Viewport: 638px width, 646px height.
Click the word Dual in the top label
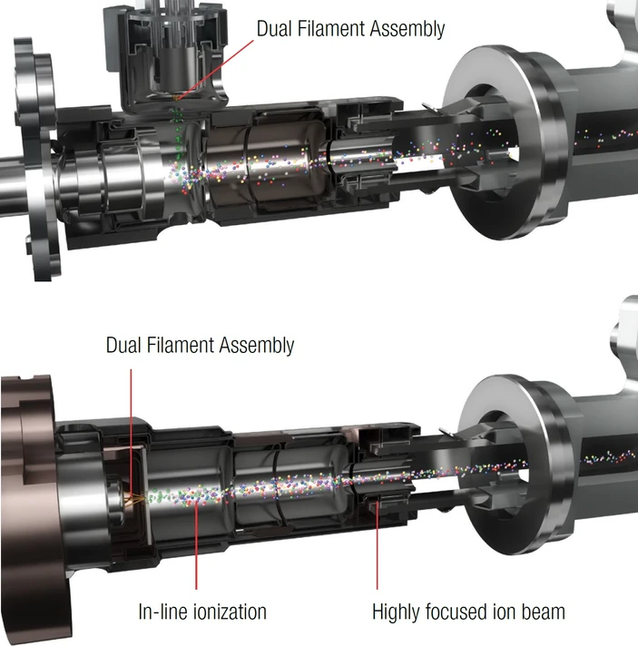point(272,28)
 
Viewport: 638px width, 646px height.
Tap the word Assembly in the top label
point(407,30)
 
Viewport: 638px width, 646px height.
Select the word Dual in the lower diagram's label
point(122,345)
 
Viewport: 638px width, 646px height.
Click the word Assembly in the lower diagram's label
point(257,346)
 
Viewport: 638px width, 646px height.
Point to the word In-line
point(163,612)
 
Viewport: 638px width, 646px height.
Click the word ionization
point(230,612)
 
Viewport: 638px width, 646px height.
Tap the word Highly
point(396,612)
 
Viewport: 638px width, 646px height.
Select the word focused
point(456,612)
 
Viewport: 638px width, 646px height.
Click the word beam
point(544,612)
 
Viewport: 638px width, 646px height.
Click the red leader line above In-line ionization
point(196,546)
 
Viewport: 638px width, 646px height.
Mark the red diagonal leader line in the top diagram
point(216,70)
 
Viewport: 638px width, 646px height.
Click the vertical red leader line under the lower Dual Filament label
point(131,434)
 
